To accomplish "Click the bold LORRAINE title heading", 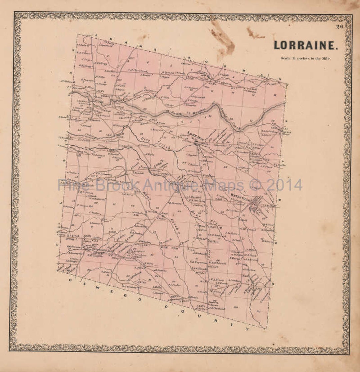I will coord(306,45).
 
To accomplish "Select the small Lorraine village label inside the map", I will coord(195,134).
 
